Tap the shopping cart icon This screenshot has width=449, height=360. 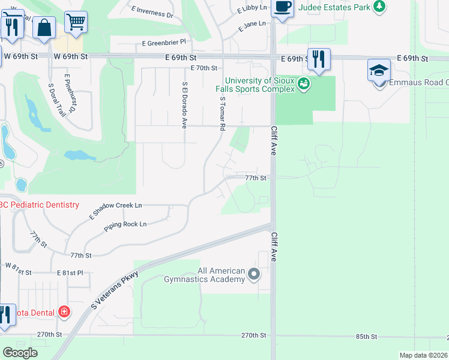tap(75, 22)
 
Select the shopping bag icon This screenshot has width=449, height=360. tap(44, 26)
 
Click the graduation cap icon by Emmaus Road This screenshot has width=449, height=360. tap(378, 71)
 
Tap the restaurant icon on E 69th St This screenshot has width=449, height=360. tap(319, 59)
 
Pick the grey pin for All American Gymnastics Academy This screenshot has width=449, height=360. tap(254, 275)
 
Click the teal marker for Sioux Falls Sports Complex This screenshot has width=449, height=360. tap(304, 84)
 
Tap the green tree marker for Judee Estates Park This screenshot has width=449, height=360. tap(379, 7)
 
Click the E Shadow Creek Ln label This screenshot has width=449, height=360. tap(116, 209)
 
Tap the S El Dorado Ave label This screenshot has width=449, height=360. tap(184, 105)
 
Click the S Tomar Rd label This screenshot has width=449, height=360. tap(222, 114)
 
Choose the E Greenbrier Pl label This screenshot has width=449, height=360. tap(164, 43)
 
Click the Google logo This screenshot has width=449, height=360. tap(20, 353)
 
